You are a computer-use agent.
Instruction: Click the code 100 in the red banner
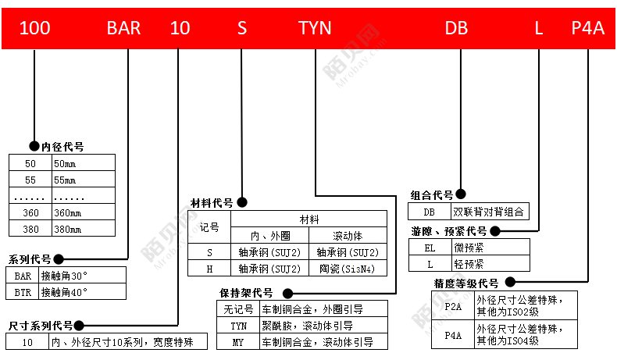(x=34, y=28)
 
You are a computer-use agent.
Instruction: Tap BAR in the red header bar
(x=123, y=28)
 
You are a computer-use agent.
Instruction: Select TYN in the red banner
(x=315, y=28)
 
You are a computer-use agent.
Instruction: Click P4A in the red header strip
(x=588, y=28)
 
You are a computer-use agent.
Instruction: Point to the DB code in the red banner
(x=456, y=28)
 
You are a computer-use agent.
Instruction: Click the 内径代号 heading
(x=62, y=147)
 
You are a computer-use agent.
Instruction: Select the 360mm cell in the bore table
(x=68, y=213)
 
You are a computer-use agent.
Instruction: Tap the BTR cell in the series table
(x=23, y=292)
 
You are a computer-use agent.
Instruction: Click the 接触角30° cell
(x=64, y=276)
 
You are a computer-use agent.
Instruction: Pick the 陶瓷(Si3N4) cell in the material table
(x=347, y=269)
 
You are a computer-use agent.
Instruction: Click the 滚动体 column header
(x=348, y=236)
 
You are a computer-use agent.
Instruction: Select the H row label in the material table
(x=209, y=269)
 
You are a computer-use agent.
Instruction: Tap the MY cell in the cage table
(x=238, y=342)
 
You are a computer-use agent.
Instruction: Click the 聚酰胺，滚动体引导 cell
(x=307, y=326)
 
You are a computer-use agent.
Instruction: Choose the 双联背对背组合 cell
(x=488, y=212)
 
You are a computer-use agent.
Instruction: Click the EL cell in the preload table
(x=430, y=248)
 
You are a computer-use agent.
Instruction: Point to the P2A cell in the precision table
(x=453, y=306)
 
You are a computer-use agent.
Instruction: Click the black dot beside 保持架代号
(x=288, y=293)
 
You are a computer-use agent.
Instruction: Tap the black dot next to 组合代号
(x=461, y=194)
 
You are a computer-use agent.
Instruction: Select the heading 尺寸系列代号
(x=41, y=326)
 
